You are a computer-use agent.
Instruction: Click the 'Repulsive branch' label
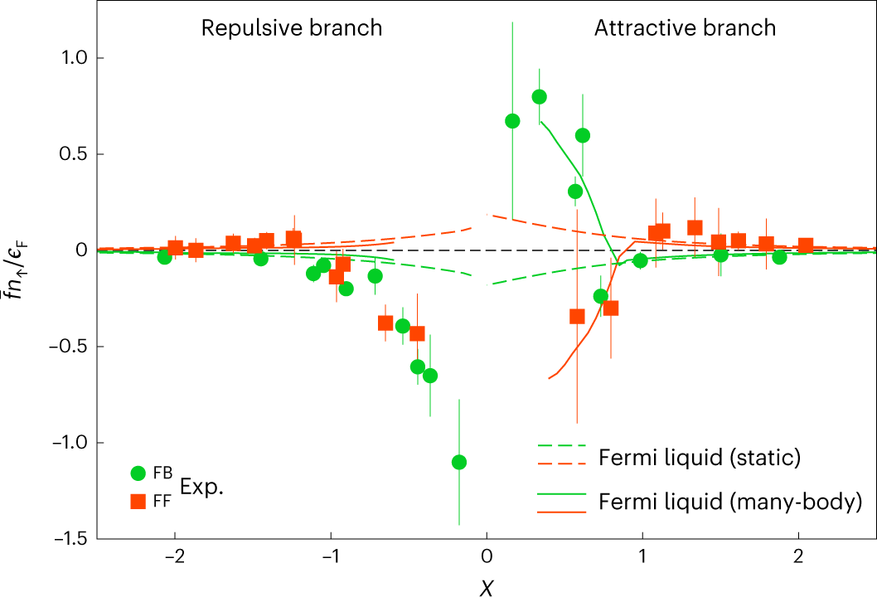coord(292,27)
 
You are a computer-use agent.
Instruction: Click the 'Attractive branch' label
coord(685,27)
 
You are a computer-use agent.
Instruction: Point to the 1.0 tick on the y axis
coord(75,58)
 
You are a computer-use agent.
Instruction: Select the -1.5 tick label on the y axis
coord(70,538)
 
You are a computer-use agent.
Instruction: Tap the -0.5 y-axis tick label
coord(70,347)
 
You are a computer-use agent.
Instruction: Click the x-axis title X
coord(487,588)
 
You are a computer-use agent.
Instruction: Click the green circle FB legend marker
coord(139,473)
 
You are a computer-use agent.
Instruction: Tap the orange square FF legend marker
coord(139,501)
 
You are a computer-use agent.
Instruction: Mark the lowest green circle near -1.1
coord(458,462)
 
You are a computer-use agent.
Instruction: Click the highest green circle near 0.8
coord(539,96)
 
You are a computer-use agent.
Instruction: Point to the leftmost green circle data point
coord(165,257)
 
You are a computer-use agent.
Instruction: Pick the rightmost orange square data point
coord(805,245)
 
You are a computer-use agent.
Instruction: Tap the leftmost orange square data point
coord(175,247)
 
